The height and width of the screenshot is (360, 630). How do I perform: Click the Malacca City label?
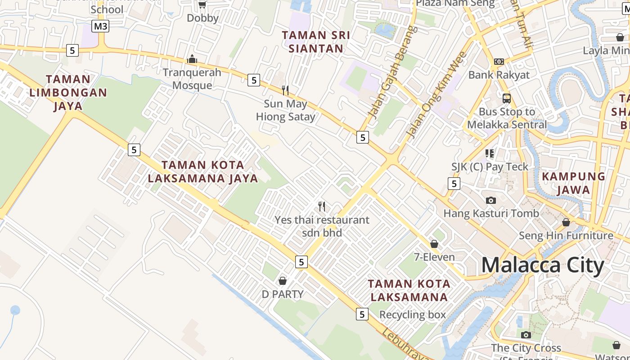[x=542, y=265]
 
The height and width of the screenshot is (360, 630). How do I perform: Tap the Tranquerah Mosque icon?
[x=192, y=59]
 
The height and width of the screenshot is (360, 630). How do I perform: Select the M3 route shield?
[x=100, y=26]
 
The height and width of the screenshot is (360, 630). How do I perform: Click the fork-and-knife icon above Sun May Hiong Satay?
[x=285, y=90]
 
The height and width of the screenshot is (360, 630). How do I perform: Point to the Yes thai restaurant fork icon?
[x=322, y=207]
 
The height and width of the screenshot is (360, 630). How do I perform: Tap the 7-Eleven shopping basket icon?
[x=434, y=244]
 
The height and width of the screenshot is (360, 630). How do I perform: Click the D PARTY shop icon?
[x=283, y=281]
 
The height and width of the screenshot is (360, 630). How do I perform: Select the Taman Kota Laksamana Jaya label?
[x=203, y=171]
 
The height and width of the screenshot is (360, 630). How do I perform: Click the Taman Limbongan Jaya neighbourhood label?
[x=68, y=93]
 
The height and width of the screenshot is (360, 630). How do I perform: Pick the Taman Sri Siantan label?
[x=316, y=41]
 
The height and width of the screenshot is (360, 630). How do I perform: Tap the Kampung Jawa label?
[x=573, y=183]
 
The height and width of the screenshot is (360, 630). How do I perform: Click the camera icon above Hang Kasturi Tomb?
[x=491, y=200]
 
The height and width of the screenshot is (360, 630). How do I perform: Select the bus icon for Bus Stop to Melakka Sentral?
[x=507, y=98]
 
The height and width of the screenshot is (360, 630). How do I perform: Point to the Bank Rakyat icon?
[x=499, y=61]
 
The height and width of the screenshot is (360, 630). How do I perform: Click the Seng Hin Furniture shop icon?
[x=566, y=222]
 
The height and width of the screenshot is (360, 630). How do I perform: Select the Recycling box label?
[x=413, y=315]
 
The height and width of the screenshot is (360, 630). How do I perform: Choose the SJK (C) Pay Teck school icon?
[x=490, y=153]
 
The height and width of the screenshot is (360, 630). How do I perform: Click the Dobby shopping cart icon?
[x=202, y=4]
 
